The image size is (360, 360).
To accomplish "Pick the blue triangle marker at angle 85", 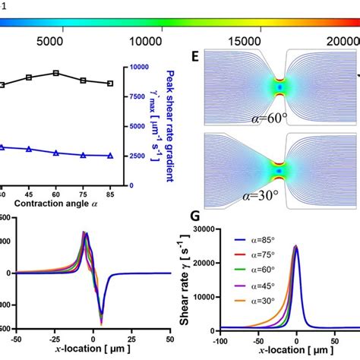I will pos(110,156).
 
